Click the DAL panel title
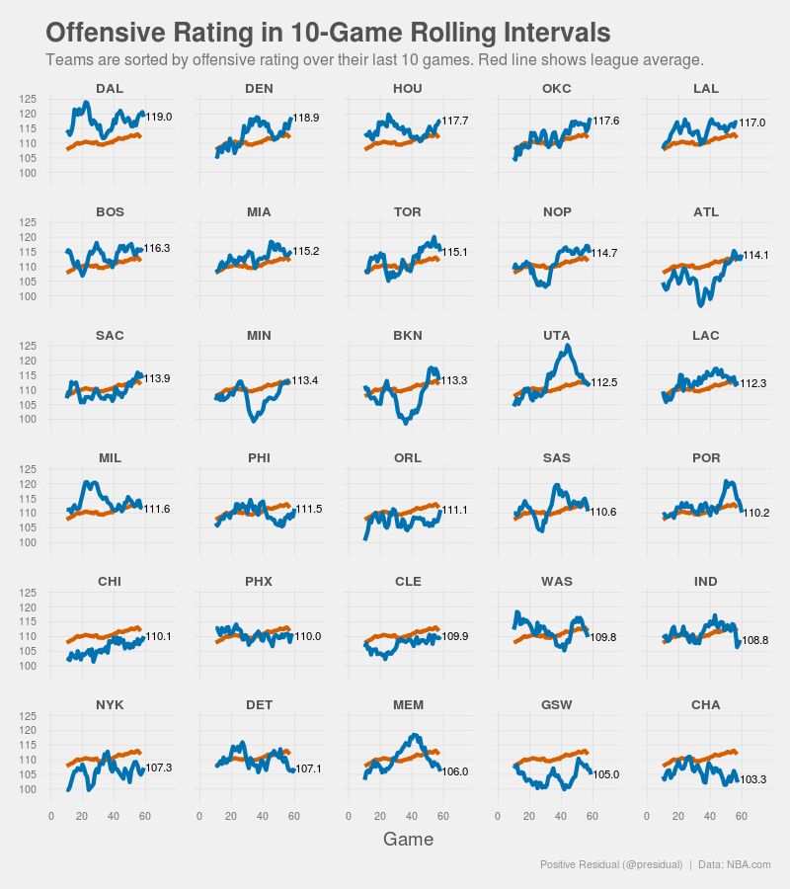(110, 89)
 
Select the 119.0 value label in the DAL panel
(159, 117)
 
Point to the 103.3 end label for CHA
(753, 779)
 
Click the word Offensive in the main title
(104, 32)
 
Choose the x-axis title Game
(408, 840)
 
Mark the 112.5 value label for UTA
(604, 382)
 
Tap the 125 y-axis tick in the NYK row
(29, 715)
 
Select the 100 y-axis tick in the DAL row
(29, 173)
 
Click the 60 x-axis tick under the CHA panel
(742, 816)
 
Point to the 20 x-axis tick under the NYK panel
(83, 816)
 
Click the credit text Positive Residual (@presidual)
(611, 864)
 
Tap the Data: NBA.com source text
(734, 864)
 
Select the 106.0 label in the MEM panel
(455, 772)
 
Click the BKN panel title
(408, 335)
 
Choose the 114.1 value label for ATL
(755, 255)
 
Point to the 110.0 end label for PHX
(307, 637)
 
